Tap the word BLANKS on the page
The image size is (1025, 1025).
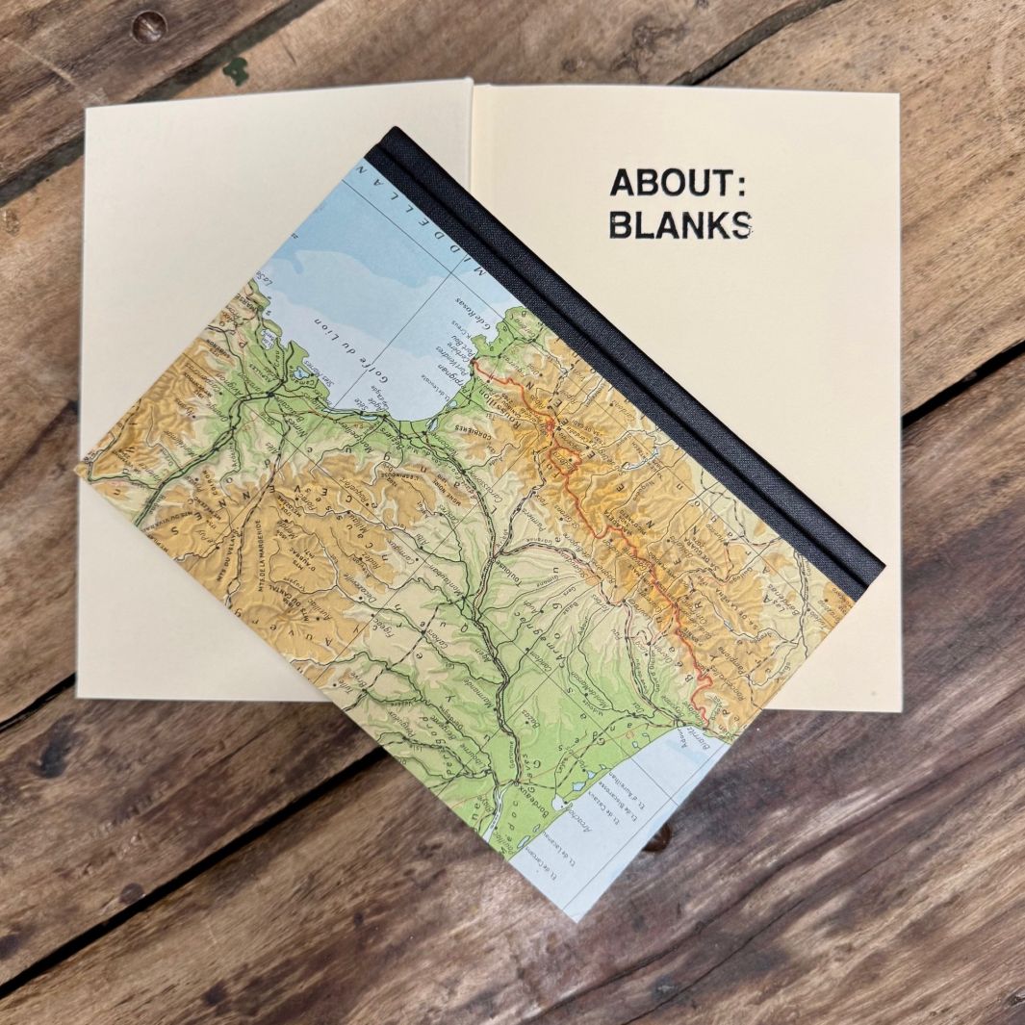pos(680,224)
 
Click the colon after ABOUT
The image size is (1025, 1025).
pos(738,184)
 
